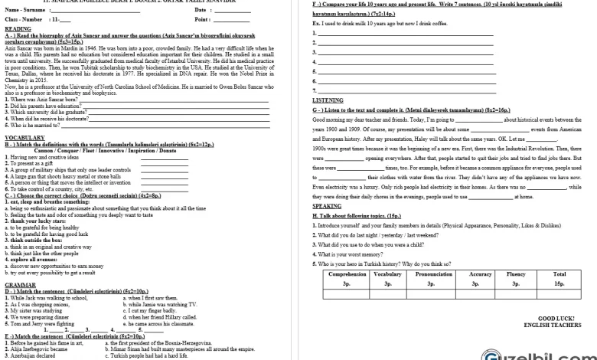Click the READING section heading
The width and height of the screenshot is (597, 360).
tap(18, 28)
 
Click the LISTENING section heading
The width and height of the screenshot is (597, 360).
tap(328, 100)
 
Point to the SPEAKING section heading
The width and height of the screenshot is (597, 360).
tap(327, 206)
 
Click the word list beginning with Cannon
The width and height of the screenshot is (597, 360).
tap(96, 150)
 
